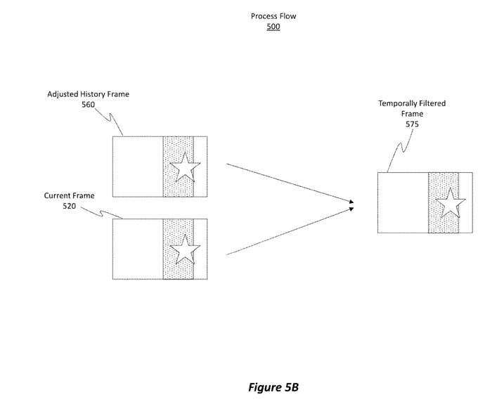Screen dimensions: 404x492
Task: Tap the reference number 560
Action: [88, 105]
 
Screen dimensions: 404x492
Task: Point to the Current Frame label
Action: [69, 195]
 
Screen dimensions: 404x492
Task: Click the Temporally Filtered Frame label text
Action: [412, 108]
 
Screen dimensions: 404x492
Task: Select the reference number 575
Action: [412, 124]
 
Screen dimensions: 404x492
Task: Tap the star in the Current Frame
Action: [185, 248]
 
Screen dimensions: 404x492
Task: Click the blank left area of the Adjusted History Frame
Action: [138, 167]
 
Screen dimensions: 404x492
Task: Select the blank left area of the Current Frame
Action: [138, 249]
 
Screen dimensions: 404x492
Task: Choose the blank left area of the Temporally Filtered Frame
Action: [403, 203]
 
